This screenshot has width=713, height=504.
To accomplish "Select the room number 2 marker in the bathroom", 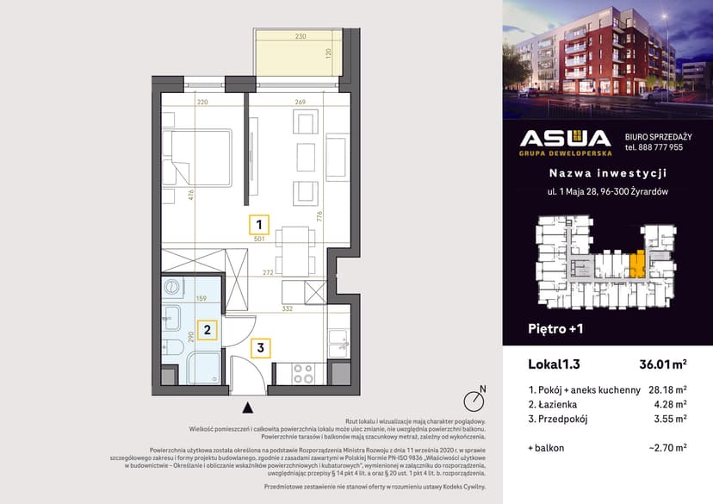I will click(206, 328).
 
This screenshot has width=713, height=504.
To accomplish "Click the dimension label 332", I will click(288, 308).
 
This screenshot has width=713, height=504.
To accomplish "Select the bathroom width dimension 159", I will click(201, 299).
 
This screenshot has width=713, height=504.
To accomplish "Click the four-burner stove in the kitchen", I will click(303, 373).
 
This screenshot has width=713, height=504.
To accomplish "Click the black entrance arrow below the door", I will click(248, 408).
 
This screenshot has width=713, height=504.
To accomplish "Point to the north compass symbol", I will click(472, 401).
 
